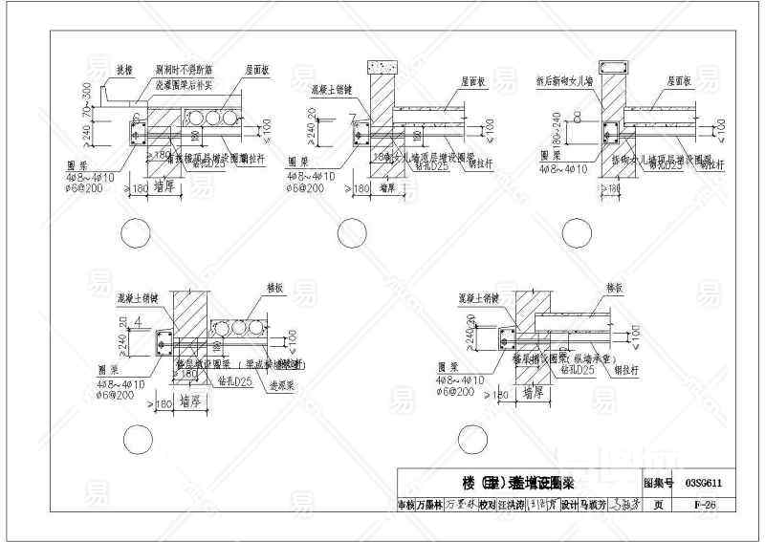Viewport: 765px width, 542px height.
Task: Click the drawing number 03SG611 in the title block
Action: click(x=702, y=484)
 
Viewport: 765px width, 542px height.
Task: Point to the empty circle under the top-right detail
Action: click(x=576, y=233)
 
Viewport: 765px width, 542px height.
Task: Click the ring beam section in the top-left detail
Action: click(x=136, y=130)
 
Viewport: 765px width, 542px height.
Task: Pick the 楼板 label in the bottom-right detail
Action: click(x=614, y=287)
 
